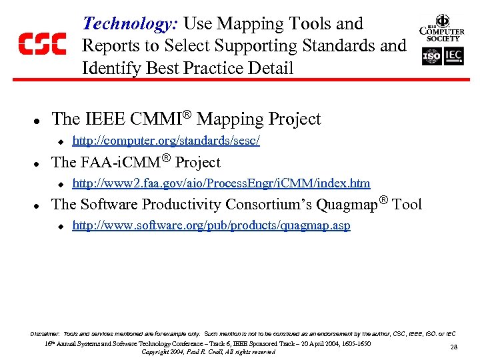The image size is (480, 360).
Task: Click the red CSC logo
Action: (x=41, y=44)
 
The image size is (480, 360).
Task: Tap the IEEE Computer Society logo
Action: (x=441, y=29)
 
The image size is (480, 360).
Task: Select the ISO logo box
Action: (x=431, y=57)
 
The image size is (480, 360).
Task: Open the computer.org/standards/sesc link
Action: (x=165, y=141)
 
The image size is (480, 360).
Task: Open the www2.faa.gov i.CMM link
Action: (x=221, y=183)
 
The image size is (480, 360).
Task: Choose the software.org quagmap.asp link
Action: (x=211, y=225)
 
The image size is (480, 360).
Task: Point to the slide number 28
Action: (x=453, y=347)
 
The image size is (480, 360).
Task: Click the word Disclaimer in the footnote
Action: (x=45, y=333)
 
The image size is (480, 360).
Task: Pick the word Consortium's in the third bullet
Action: (x=271, y=204)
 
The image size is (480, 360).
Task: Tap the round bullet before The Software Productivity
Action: (x=38, y=205)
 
